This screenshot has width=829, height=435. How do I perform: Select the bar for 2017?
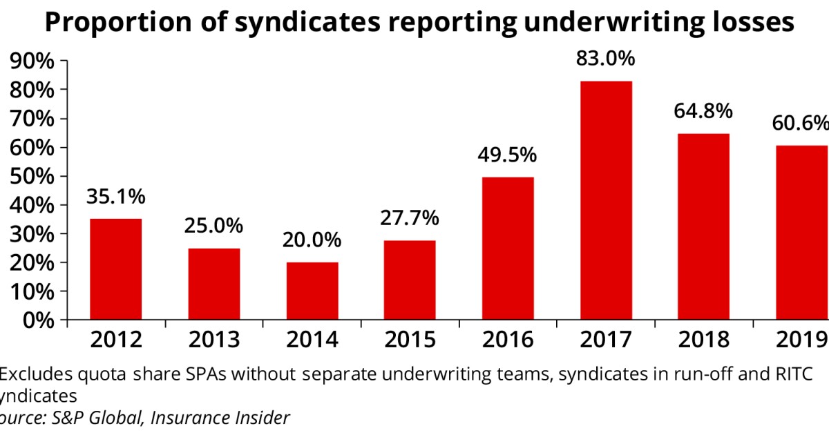pyautogui.click(x=606, y=200)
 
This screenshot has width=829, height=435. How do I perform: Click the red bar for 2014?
pyautogui.click(x=312, y=291)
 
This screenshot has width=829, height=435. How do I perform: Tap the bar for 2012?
pyautogui.click(x=116, y=269)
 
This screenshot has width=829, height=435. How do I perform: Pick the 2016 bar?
pyautogui.click(x=508, y=249)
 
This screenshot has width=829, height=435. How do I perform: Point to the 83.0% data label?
pyautogui.click(x=606, y=59)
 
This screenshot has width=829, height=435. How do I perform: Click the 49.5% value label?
pyautogui.click(x=508, y=155)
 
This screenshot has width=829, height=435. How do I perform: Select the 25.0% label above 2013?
pyautogui.click(x=214, y=226)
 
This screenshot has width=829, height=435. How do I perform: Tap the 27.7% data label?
pyautogui.click(x=410, y=218)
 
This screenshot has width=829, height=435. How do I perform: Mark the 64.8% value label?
pyautogui.click(x=704, y=111)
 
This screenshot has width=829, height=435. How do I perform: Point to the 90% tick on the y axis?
pyautogui.click(x=32, y=61)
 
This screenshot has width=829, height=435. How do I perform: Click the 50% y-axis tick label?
pyautogui.click(x=32, y=176)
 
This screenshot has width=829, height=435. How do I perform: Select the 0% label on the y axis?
pyautogui.click(x=38, y=320)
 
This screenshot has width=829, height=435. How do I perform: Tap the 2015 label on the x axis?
pyautogui.click(x=410, y=340)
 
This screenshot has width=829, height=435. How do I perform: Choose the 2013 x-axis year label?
pyautogui.click(x=214, y=340)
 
